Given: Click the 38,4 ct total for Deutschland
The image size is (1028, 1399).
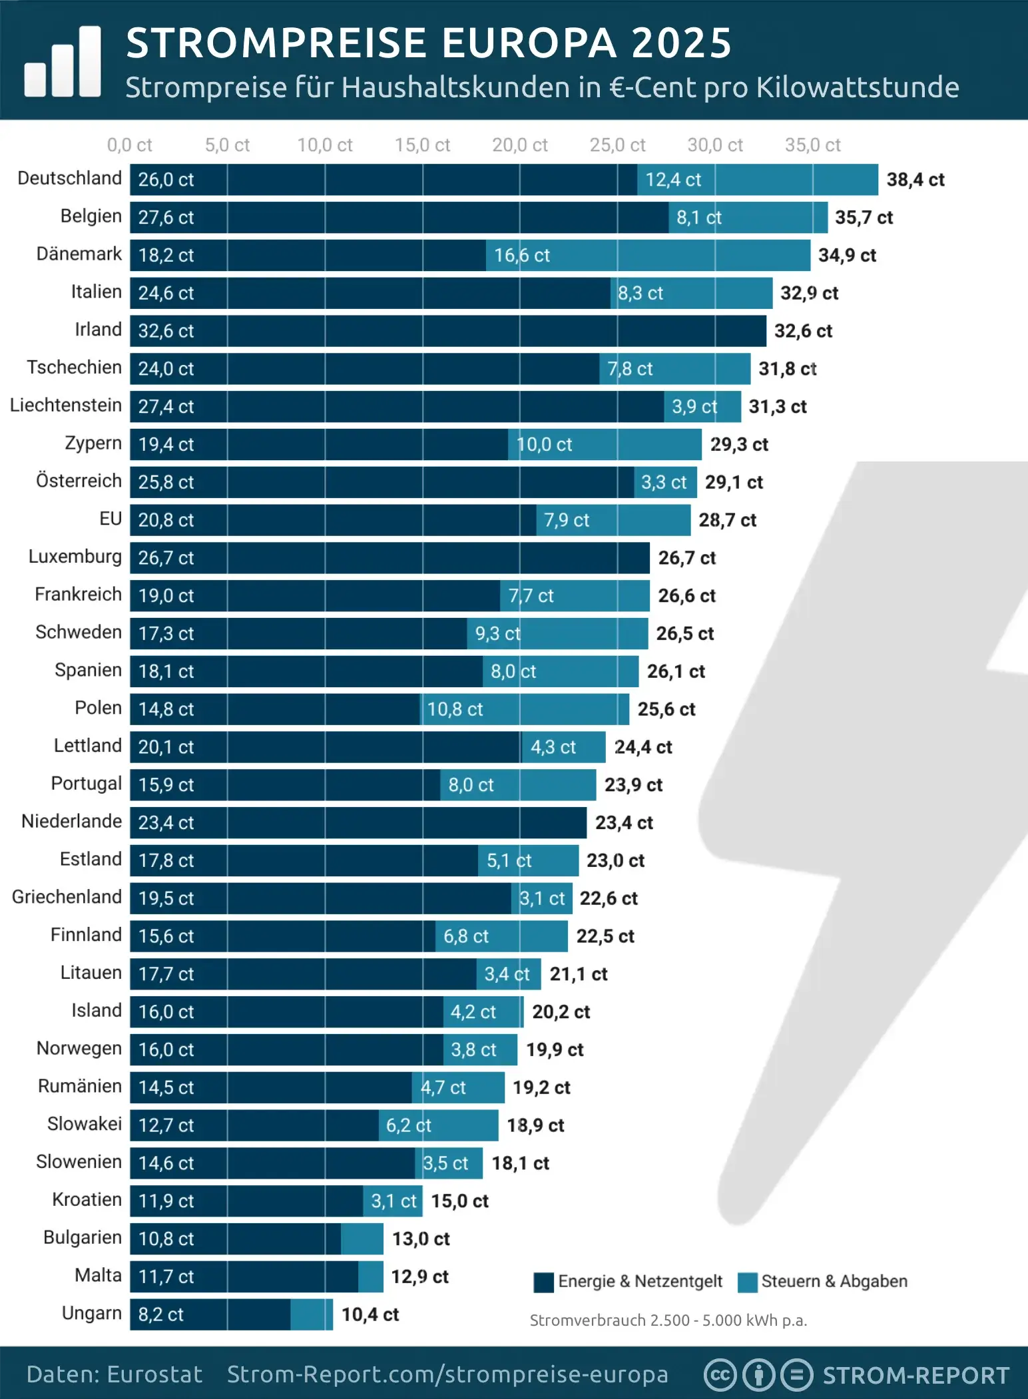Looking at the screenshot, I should pyautogui.click(x=915, y=180).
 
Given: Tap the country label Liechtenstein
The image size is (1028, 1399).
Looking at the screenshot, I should pyautogui.click(x=66, y=406).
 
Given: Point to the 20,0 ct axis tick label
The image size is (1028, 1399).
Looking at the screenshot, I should pyautogui.click(x=519, y=145).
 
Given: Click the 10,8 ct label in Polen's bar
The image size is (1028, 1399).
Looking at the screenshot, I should pyautogui.click(x=455, y=709).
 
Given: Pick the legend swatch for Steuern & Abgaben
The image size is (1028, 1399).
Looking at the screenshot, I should pyautogui.click(x=748, y=1282).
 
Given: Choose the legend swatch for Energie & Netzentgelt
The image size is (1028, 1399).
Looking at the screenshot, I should pyautogui.click(x=543, y=1282).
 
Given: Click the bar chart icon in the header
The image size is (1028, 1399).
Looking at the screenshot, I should pyautogui.click(x=63, y=62).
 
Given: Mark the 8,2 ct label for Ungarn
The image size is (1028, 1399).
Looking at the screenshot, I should pyautogui.click(x=160, y=1314).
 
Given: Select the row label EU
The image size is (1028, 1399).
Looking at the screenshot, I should pyautogui.click(x=111, y=519).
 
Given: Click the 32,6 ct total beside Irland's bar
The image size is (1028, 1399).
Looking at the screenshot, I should pyautogui.click(x=803, y=331).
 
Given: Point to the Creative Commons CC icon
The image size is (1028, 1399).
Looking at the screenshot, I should pyautogui.click(x=720, y=1375).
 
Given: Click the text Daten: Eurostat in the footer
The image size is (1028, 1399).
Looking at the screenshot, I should pyautogui.click(x=114, y=1375).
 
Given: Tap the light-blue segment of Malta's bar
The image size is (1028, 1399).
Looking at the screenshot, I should pyautogui.click(x=371, y=1276).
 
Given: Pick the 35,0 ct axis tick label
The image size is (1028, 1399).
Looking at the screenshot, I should pyautogui.click(x=812, y=145).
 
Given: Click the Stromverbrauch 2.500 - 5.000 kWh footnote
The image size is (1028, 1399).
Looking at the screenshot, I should pyautogui.click(x=668, y=1320).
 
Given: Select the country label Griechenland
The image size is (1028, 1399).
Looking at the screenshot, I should pyautogui.click(x=67, y=897).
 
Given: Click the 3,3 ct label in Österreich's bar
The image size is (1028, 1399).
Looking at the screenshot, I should pyautogui.click(x=663, y=482).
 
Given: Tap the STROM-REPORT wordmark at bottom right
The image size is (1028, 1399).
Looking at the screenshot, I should pyautogui.click(x=915, y=1376).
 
